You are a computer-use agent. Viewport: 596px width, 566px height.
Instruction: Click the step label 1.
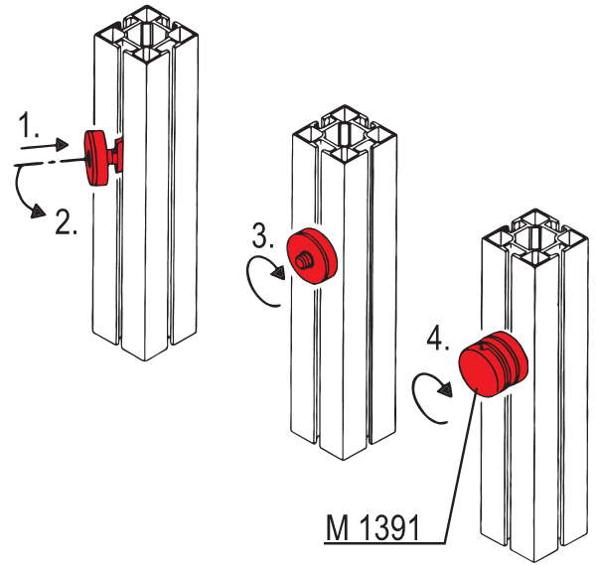click(29, 125)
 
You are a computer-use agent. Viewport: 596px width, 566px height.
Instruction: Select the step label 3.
click(262, 236)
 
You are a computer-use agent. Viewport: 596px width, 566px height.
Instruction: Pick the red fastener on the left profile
click(100, 159)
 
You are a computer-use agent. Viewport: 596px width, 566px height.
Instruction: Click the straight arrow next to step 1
click(50, 145)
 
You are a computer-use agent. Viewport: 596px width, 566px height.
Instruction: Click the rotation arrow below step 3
click(263, 282)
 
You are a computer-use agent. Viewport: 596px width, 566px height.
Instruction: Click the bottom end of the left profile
click(144, 350)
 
